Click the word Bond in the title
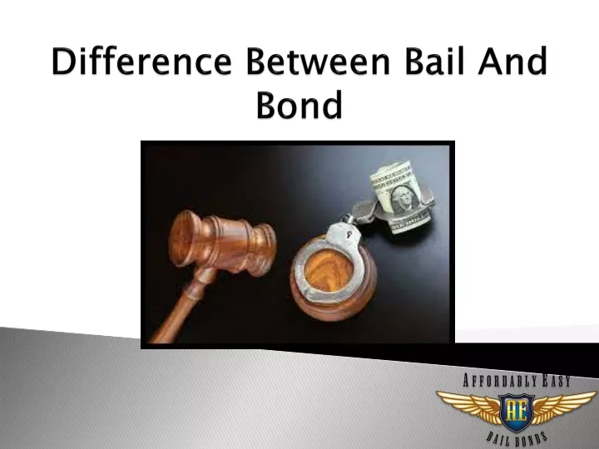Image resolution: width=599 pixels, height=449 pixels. pyautogui.click(x=299, y=106)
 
